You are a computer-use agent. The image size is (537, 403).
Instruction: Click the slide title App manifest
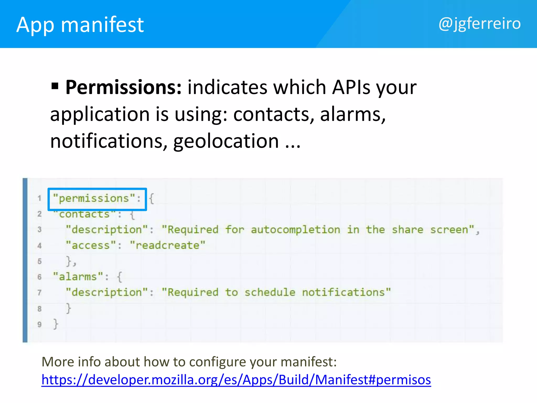pos(80,25)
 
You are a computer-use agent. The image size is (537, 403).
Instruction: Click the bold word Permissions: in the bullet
pos(123,87)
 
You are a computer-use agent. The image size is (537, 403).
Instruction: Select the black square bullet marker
pos(55,86)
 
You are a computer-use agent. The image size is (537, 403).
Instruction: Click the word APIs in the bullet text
pos(351,87)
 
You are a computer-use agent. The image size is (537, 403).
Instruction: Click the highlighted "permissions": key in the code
pos(97,199)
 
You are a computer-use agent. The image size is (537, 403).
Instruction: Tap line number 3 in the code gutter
pos(40,230)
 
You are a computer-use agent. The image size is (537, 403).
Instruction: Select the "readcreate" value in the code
pos(168,245)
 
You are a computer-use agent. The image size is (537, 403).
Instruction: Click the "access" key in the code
pos(90,245)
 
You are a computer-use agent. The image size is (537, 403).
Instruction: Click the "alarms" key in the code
pos(78,277)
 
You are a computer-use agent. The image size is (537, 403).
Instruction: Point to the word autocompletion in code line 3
pos(296,230)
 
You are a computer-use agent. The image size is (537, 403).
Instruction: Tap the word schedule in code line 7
pos(270,292)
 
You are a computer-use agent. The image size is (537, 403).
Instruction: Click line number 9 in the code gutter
pos(40,324)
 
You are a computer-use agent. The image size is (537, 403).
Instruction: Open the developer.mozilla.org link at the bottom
pos(236,380)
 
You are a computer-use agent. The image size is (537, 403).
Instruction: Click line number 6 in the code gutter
pos(40,277)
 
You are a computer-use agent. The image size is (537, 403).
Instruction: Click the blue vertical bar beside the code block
pos(25,260)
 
